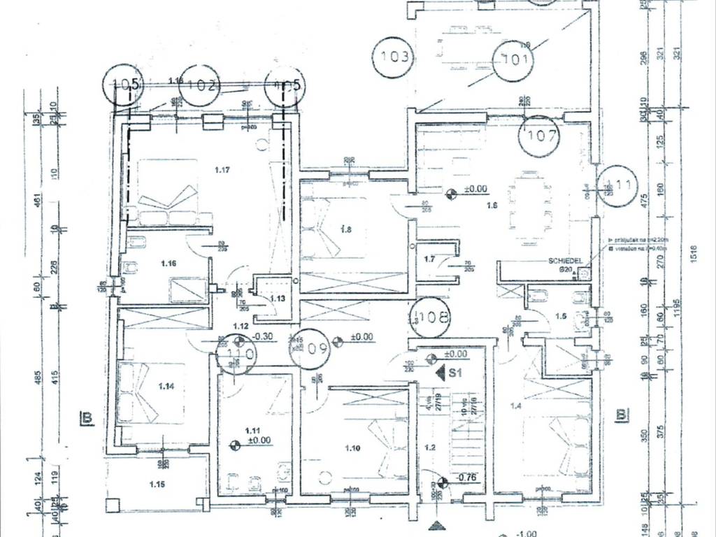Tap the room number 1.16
pos(167,263)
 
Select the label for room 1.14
pos(166,386)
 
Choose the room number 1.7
pos(430,259)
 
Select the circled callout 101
pos(515,59)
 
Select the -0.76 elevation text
pos(466,478)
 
